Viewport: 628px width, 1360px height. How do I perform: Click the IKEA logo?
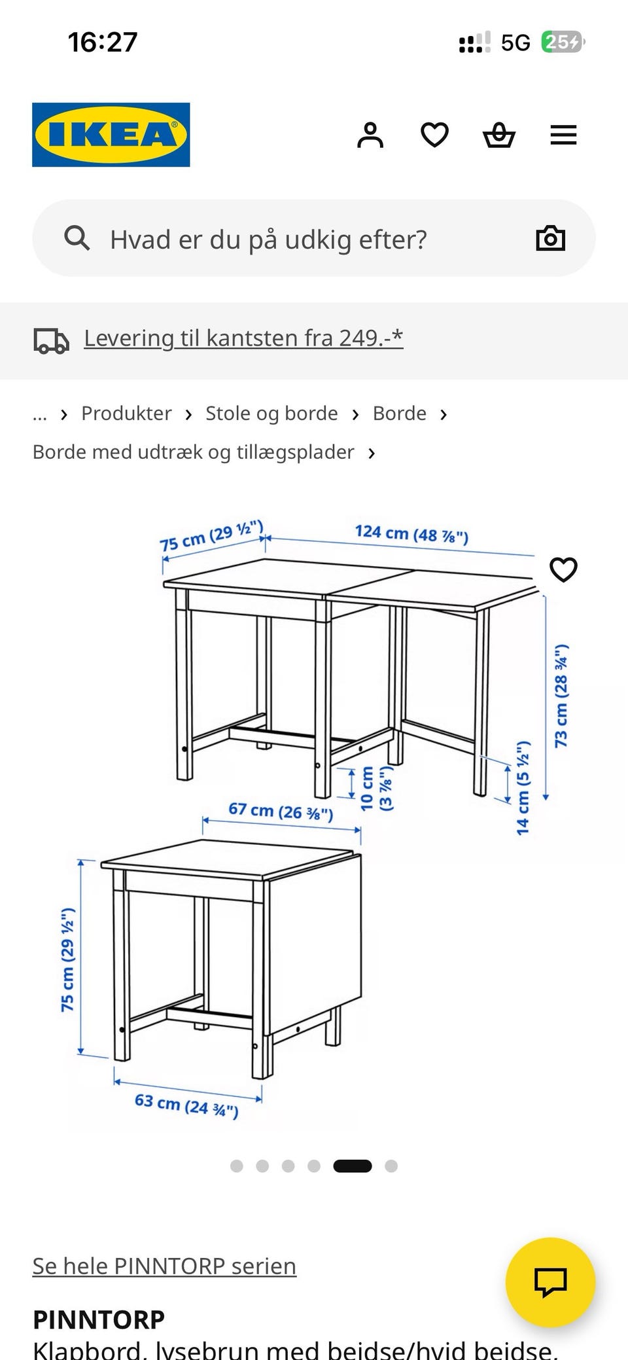(x=111, y=135)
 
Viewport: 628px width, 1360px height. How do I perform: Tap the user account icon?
(x=370, y=135)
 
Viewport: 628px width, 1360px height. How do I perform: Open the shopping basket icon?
(x=499, y=135)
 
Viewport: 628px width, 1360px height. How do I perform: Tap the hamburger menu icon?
(x=563, y=135)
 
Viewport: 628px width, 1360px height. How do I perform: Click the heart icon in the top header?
(x=434, y=135)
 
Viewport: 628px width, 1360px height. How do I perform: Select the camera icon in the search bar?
(x=550, y=238)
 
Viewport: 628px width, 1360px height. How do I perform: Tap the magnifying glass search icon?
(x=77, y=238)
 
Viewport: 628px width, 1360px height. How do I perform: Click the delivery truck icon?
(x=51, y=340)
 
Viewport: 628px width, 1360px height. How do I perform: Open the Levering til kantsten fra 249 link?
(x=243, y=338)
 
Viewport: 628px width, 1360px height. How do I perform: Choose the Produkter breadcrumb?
(x=126, y=414)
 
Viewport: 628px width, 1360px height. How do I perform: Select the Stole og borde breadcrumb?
(x=271, y=414)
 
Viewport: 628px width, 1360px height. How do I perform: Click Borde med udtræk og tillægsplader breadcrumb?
(x=194, y=452)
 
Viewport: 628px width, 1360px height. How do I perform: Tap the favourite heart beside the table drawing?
(x=563, y=569)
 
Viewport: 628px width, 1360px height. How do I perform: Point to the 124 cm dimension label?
(x=411, y=534)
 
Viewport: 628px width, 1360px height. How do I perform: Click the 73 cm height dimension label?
(x=561, y=696)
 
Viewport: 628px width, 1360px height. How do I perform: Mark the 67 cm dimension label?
(x=281, y=812)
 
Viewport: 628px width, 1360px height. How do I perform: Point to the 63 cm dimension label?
(x=186, y=1105)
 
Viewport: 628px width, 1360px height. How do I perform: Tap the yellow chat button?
(x=550, y=1282)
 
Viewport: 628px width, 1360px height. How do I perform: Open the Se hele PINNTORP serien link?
(x=164, y=1266)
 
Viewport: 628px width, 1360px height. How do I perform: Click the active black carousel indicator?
(x=352, y=1166)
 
